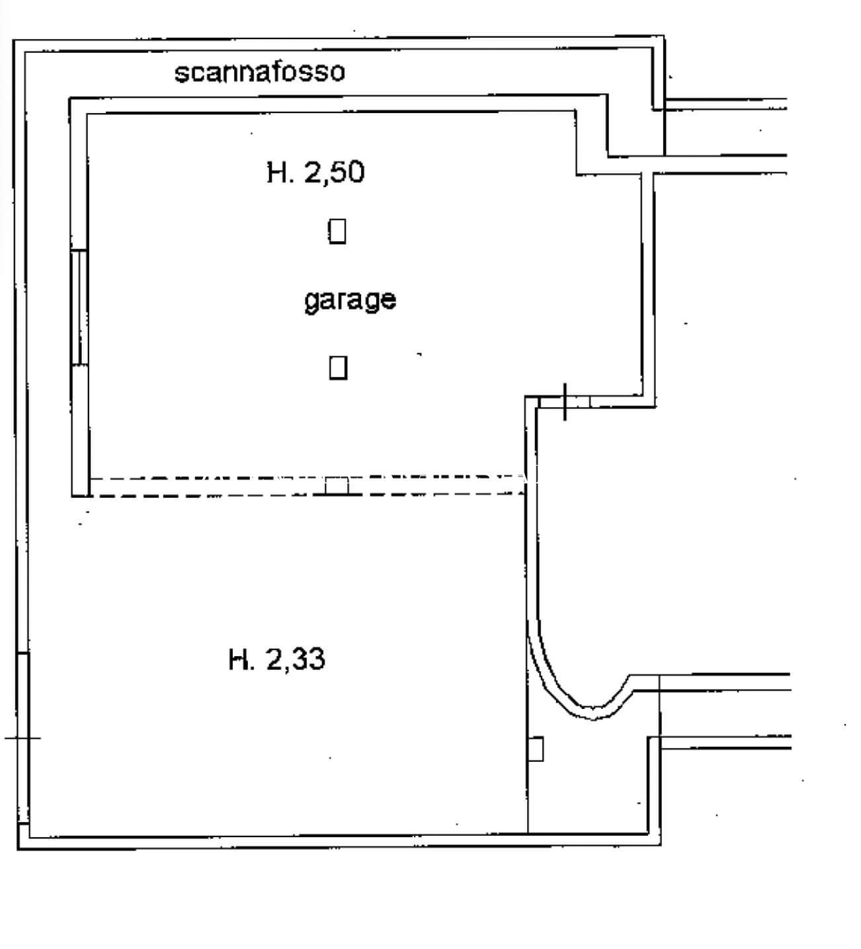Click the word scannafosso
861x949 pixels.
259,71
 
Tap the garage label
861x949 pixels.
350,301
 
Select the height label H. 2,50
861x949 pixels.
315,173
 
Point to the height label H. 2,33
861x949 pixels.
276,659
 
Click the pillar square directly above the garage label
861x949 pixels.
337,231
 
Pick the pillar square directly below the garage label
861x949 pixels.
338,367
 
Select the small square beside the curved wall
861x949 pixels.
536,749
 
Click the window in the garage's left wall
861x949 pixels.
79,307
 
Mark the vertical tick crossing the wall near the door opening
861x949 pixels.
565,401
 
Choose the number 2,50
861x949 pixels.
334,173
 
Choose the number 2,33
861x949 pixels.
296,659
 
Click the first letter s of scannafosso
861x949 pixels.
181,73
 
